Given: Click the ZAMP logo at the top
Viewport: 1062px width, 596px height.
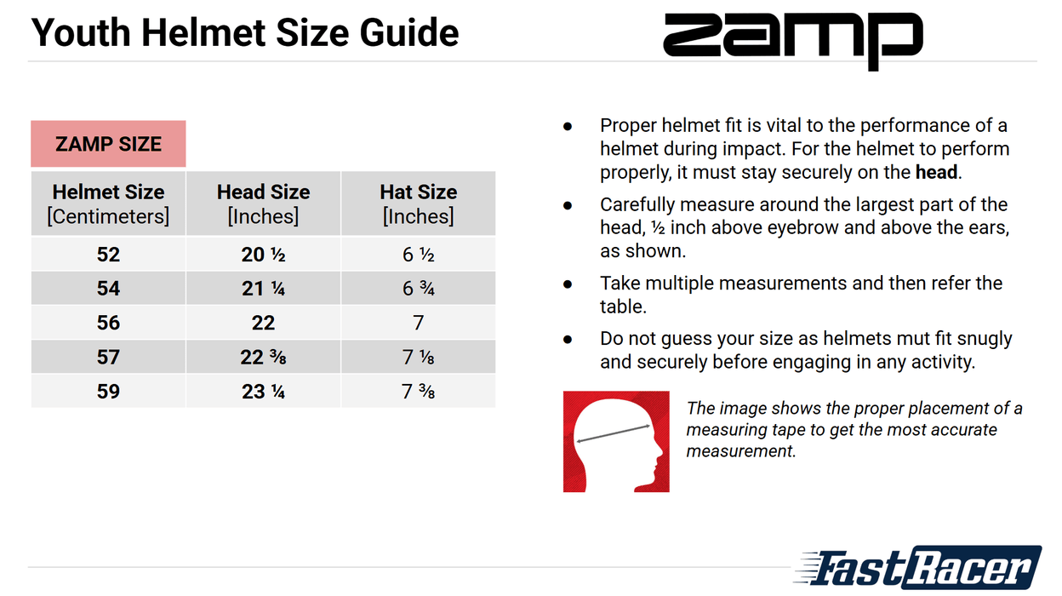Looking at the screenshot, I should tap(792, 39).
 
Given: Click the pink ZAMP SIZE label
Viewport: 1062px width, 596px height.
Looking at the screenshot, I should tap(108, 144).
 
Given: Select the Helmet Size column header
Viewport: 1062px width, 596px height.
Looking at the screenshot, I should tap(108, 203).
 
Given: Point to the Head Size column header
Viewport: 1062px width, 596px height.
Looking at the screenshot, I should tap(263, 203).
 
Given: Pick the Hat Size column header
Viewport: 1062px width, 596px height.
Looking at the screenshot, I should tap(418, 203).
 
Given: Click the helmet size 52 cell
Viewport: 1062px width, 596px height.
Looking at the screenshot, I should tap(108, 255).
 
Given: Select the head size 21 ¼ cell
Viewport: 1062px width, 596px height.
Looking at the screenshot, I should tap(263, 289).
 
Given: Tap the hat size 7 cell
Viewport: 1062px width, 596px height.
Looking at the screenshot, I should tap(418, 323).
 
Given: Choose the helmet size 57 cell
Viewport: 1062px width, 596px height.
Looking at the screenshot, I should tap(108, 357).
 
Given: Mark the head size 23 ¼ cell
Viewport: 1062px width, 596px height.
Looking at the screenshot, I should tap(263, 391).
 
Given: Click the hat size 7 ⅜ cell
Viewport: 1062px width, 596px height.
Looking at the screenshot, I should tap(418, 391).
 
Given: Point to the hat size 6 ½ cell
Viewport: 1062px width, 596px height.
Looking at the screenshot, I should tap(418, 255).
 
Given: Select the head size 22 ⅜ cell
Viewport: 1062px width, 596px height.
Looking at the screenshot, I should tap(263, 357).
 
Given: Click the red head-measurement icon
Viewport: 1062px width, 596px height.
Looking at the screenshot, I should tap(616, 441).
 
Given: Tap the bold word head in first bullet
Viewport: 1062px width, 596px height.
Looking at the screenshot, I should tap(937, 172).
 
